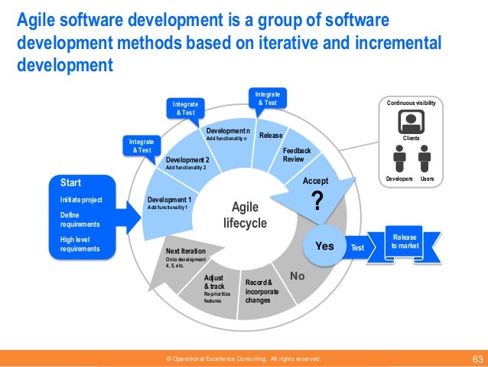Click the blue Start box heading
71,182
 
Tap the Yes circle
325,246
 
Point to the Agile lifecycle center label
245,215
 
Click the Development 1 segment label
170,199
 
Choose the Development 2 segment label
187,160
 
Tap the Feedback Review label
297,155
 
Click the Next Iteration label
185,251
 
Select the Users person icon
425,159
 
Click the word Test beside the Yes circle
357,247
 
